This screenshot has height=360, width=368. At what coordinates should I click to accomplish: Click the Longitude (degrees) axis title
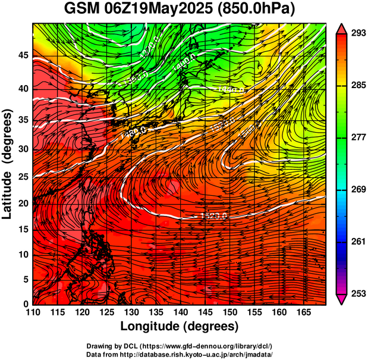pos(180,327)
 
